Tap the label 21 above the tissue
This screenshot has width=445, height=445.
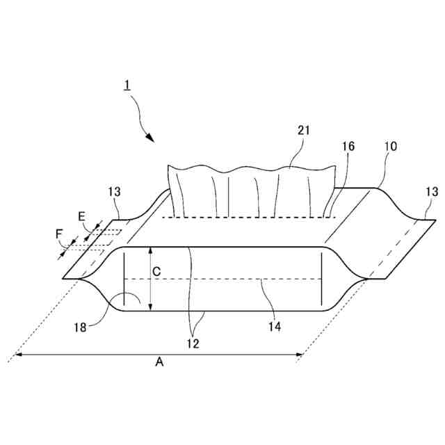click(303, 130)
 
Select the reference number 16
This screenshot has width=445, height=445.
click(348, 146)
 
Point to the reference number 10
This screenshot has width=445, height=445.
click(390, 146)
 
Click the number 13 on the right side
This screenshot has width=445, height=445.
click(432, 192)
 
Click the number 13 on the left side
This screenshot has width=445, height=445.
click(115, 191)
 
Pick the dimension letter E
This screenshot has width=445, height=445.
click(81, 217)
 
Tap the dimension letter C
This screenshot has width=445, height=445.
click(156, 273)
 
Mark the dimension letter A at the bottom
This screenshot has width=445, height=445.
click(160, 362)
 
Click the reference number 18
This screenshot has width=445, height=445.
click(81, 327)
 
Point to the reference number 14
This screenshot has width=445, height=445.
click(276, 325)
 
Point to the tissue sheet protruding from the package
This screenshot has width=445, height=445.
click(250, 188)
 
